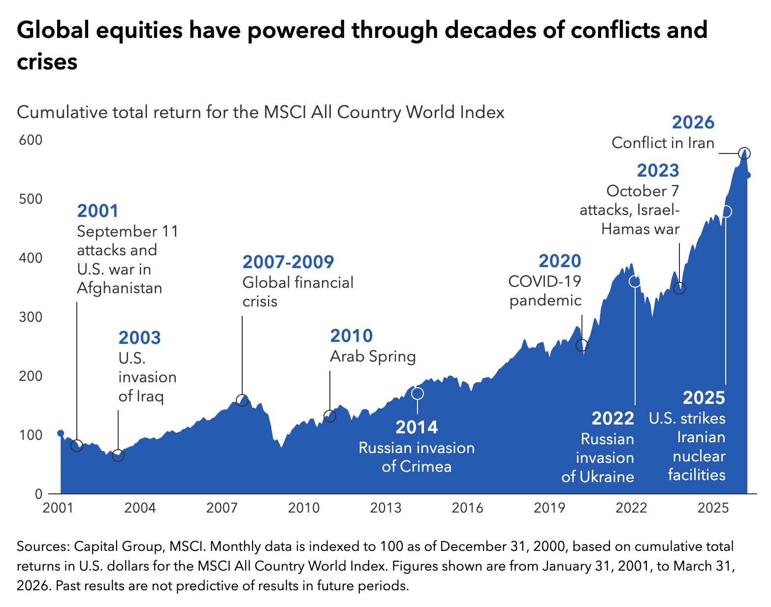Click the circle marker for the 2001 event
point(77,446)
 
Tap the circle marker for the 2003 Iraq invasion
point(118,456)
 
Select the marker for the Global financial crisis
point(242,400)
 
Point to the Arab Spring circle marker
point(330,416)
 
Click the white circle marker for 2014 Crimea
point(418,394)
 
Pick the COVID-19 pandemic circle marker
point(582,345)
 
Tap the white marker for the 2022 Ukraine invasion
point(635,281)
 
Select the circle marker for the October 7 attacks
point(679,288)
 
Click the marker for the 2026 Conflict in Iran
point(745,153)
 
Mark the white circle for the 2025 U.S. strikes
point(726,212)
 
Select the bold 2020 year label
point(560,261)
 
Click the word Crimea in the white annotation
point(425,466)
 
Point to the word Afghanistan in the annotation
point(120,288)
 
